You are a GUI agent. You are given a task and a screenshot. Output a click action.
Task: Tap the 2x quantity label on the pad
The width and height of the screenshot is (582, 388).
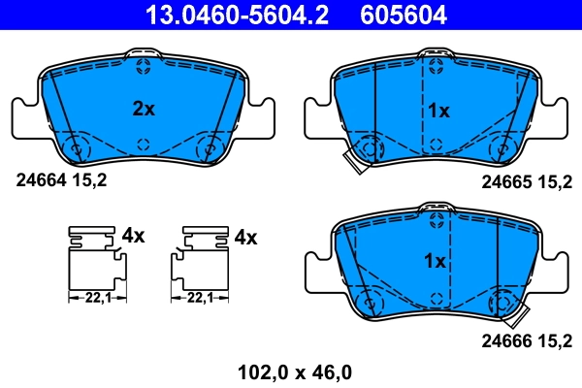[144, 110]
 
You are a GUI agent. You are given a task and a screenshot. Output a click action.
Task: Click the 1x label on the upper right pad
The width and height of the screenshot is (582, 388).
[438, 111]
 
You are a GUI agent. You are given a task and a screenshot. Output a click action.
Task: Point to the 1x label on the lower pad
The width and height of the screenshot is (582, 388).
[435, 261]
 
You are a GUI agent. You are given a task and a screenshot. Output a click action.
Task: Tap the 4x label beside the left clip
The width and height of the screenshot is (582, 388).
[133, 236]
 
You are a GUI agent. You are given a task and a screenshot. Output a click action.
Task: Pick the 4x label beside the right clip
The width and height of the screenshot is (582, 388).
[245, 236]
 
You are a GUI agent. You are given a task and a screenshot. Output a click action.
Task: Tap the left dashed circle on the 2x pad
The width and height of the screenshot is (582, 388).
[76, 148]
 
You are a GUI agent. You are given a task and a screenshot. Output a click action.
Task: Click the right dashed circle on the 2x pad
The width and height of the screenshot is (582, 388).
[209, 148]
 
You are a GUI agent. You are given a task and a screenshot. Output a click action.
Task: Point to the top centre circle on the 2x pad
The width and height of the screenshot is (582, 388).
[144, 68]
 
